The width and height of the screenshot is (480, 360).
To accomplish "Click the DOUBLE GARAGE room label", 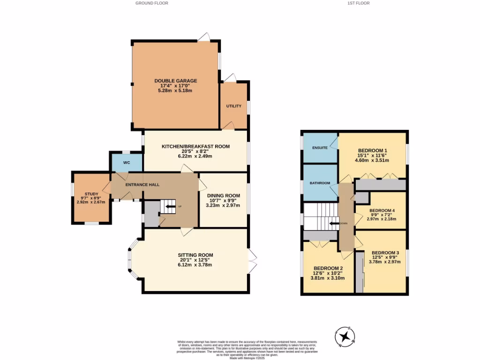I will (176, 81).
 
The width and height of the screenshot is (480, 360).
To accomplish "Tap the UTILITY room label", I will (234, 106).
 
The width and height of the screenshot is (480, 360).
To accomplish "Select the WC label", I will (127, 163).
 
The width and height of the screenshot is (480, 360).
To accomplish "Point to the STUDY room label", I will (91, 194).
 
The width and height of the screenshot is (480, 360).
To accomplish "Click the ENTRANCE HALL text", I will (142, 185).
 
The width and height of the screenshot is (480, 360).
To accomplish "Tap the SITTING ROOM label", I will (195, 255).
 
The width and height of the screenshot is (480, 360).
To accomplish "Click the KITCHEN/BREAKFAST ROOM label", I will (195, 146).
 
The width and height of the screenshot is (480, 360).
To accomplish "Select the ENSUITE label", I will (320, 148).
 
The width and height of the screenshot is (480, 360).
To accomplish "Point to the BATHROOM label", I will (320, 183).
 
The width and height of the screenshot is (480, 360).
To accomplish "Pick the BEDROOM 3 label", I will (384, 252).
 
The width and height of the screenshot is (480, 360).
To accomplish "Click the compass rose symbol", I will (345, 337).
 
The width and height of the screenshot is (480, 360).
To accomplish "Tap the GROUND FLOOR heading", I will (152, 3).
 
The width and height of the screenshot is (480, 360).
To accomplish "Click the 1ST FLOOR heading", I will (358, 3).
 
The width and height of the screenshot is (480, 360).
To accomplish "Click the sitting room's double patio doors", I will (253, 261).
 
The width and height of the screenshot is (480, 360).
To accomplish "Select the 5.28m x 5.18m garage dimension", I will (176, 90).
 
